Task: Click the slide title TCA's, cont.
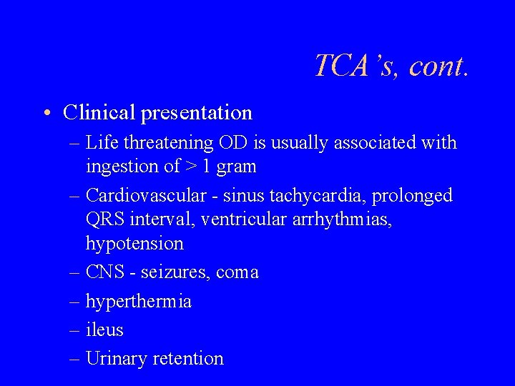pos(392,66)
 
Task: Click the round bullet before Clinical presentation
pos(46,113)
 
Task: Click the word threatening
pos(168,144)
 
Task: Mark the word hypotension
pos(134,244)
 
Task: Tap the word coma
pos(237,273)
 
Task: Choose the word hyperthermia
pos(138,302)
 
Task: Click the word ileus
pos(104,330)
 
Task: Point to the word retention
pos(188,359)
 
